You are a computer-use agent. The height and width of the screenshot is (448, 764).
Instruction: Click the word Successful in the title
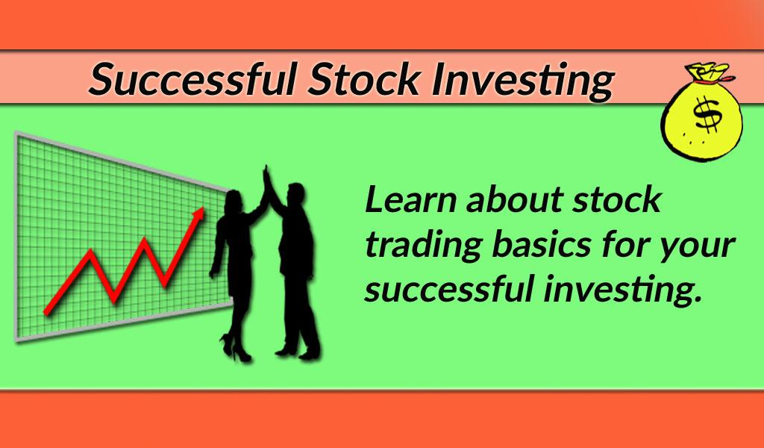point(192,79)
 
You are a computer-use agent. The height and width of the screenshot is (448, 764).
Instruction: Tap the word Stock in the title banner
point(364,79)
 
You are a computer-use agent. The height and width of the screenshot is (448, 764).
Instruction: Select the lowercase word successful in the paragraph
point(448,287)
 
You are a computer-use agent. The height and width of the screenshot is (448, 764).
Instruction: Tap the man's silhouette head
point(295,195)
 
